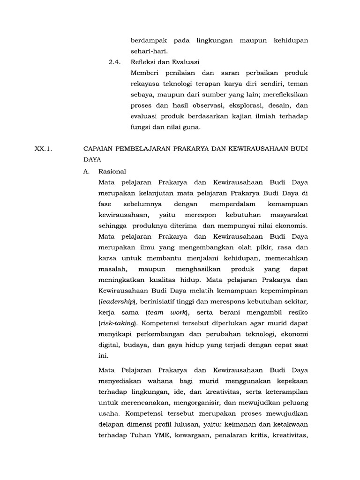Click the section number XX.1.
click(x=45, y=149)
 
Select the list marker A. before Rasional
click(x=86, y=172)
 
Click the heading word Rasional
click(x=112, y=172)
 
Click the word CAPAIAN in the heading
click(x=99, y=149)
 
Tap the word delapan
click(x=113, y=424)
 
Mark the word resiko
click(x=297, y=312)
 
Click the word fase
click(x=105, y=204)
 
